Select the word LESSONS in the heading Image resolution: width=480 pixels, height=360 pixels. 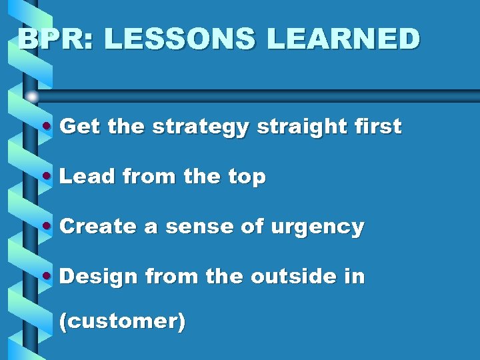point(179,39)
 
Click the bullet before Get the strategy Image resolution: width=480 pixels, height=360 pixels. point(46,127)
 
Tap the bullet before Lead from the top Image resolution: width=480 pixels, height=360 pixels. point(46,177)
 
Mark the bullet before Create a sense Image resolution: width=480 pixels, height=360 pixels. point(46,227)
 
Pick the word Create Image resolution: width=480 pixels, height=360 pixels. point(98,227)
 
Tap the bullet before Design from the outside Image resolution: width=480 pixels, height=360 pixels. point(46,276)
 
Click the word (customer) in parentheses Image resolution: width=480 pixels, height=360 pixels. point(122,321)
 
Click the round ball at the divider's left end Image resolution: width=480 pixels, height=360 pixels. point(32,97)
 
